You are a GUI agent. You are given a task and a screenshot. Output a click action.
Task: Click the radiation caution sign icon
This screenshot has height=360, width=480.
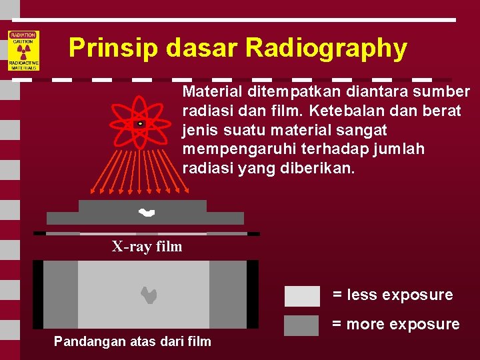[23, 51]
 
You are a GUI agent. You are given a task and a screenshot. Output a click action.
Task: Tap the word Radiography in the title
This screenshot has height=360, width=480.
[326, 48]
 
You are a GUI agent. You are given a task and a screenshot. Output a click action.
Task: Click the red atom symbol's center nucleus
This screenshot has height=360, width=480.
[140, 124]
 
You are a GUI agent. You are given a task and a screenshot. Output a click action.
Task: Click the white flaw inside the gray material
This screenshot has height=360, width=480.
[146, 213]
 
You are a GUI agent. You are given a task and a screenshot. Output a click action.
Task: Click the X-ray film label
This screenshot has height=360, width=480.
[147, 247]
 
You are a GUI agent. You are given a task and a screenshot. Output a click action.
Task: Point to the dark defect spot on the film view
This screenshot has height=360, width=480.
[149, 295]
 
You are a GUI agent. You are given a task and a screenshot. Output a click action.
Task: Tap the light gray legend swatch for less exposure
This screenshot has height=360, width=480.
[302, 295]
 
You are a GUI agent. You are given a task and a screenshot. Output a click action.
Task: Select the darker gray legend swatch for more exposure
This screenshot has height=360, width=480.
[302, 325]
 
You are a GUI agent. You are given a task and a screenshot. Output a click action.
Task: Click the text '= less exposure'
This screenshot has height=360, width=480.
[393, 295]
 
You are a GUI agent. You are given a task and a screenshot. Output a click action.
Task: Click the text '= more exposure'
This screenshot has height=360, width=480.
[395, 325]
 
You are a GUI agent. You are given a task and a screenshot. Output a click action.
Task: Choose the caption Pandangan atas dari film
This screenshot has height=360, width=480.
[132, 342]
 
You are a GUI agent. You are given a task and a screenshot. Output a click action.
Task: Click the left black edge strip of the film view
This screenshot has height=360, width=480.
[38, 294]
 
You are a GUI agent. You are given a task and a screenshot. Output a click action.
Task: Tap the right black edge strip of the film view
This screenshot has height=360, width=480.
[253, 294]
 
